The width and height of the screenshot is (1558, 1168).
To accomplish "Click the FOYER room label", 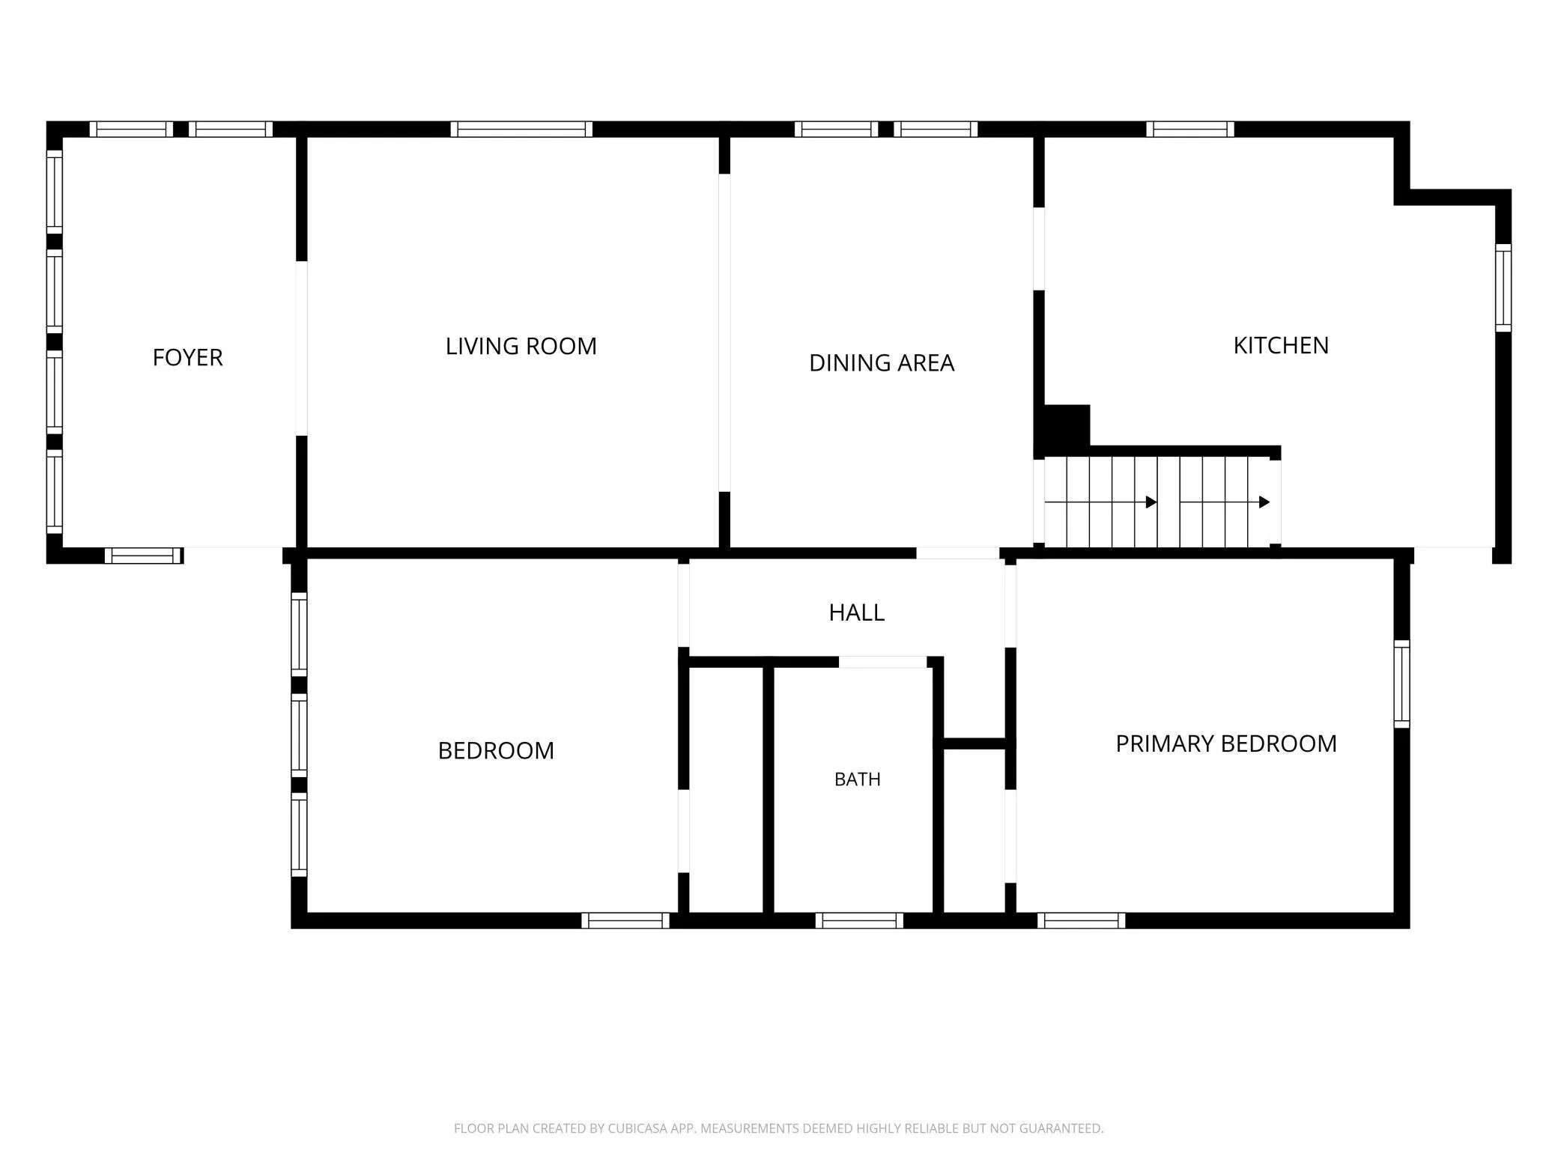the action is [187, 358].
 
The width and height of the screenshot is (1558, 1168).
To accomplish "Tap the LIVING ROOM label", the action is [521, 346].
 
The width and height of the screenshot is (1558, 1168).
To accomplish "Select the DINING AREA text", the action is [882, 363].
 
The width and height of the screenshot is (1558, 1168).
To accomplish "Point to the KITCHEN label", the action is [1281, 345].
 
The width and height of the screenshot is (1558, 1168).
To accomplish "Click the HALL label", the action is [856, 612].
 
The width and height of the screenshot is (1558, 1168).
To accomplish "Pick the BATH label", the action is [858, 779].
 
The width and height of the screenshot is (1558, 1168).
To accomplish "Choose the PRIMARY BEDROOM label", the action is [1226, 743].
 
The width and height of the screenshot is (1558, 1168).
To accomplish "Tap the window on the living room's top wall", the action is [521, 129].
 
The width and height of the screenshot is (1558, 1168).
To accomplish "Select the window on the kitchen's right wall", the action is [1503, 288].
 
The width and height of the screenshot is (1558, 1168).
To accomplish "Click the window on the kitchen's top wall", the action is [1190, 129].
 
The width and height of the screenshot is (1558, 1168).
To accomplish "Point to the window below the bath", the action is [859, 920].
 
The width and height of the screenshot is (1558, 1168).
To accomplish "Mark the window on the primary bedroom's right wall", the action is [1401, 684].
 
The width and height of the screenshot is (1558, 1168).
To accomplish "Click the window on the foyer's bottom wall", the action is [143, 556].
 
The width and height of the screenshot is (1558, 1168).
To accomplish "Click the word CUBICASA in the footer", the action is [637, 1128].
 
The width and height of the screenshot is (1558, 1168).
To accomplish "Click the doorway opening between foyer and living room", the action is [302, 348].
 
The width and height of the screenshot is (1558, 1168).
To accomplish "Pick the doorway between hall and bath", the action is [882, 662].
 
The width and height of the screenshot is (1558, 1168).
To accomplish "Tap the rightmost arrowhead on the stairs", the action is [1264, 502].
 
